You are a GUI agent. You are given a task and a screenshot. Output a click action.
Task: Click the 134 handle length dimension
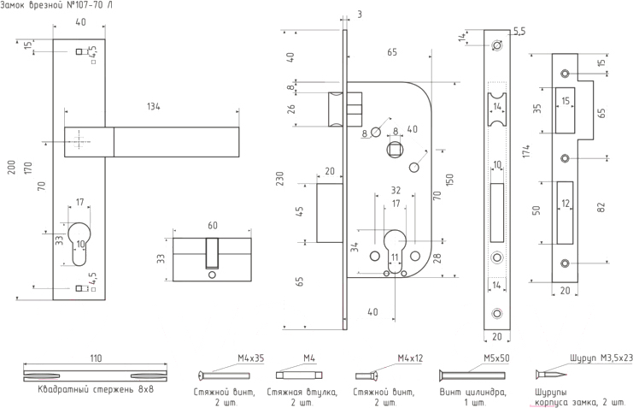(154, 106)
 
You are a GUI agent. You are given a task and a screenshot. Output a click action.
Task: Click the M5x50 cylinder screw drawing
(475, 375)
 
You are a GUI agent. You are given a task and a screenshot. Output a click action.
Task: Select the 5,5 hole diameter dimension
(519, 31)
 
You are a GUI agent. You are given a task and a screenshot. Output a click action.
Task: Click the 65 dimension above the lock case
(392, 53)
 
